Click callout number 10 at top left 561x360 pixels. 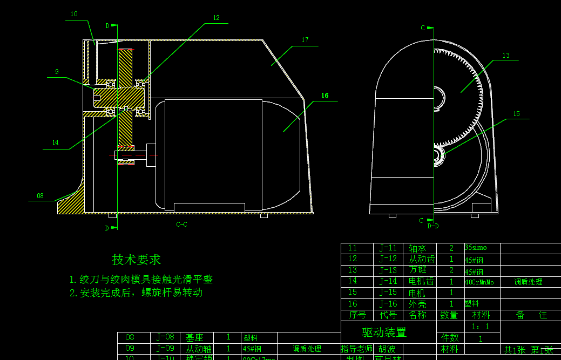click(74, 14)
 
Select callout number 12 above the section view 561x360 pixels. click(216, 18)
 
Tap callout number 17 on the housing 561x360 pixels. click(305, 40)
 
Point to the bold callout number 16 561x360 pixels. click(325, 96)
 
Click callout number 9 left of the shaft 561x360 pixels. click(57, 71)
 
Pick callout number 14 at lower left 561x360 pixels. click(55, 142)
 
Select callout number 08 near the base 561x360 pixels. click(40, 195)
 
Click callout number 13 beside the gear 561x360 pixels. click(506, 55)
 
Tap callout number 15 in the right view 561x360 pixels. click(516, 114)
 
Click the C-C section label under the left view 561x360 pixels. click(181, 224)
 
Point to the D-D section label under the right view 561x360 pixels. click(432, 226)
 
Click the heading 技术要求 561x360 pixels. click(136, 260)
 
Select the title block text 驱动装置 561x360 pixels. click(384, 332)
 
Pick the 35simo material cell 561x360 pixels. click(476, 248)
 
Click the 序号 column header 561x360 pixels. click(357, 315)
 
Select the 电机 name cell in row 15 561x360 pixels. click(417, 293)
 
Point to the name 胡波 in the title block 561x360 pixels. click(386, 349)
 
